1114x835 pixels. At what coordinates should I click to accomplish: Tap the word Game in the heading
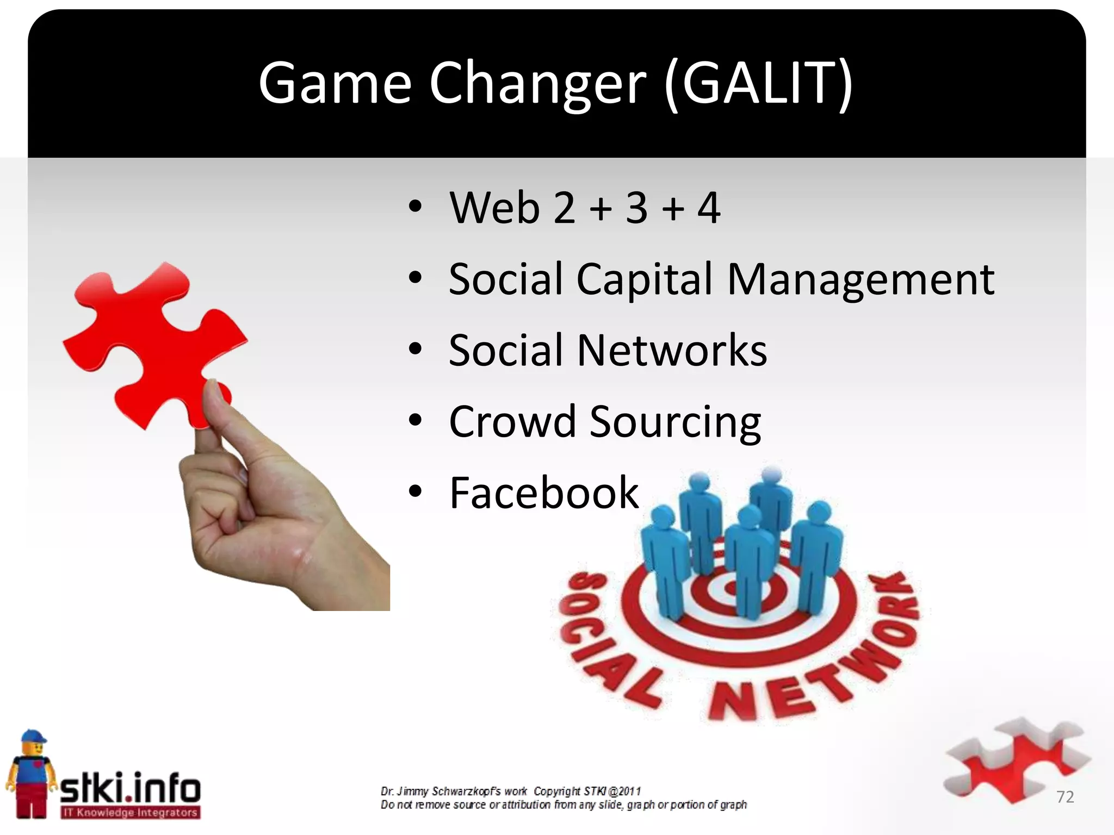[335, 83]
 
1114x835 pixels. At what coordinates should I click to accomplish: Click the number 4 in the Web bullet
[709, 208]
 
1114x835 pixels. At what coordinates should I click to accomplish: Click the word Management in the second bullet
[861, 279]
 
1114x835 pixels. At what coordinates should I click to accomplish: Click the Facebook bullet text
[543, 493]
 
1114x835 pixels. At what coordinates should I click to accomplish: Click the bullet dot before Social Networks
[416, 350]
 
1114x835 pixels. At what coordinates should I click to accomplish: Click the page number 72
[1065, 797]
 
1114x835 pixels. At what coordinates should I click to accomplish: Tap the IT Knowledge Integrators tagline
[130, 813]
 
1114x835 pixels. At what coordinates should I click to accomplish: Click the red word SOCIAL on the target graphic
[604, 641]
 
